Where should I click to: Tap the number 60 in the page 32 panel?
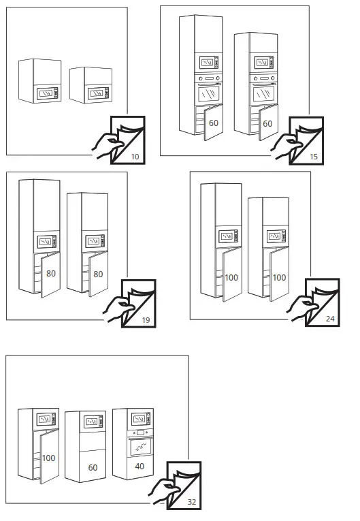pyautogui.click(x=93, y=468)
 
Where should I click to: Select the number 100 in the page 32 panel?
pyautogui.click(x=48, y=458)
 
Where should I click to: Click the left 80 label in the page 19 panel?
pyautogui.click(x=50, y=273)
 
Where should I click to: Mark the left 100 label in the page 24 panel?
pyautogui.click(x=232, y=278)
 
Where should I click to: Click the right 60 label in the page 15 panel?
pyautogui.click(x=267, y=124)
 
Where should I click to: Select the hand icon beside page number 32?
pyautogui.click(x=163, y=490)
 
